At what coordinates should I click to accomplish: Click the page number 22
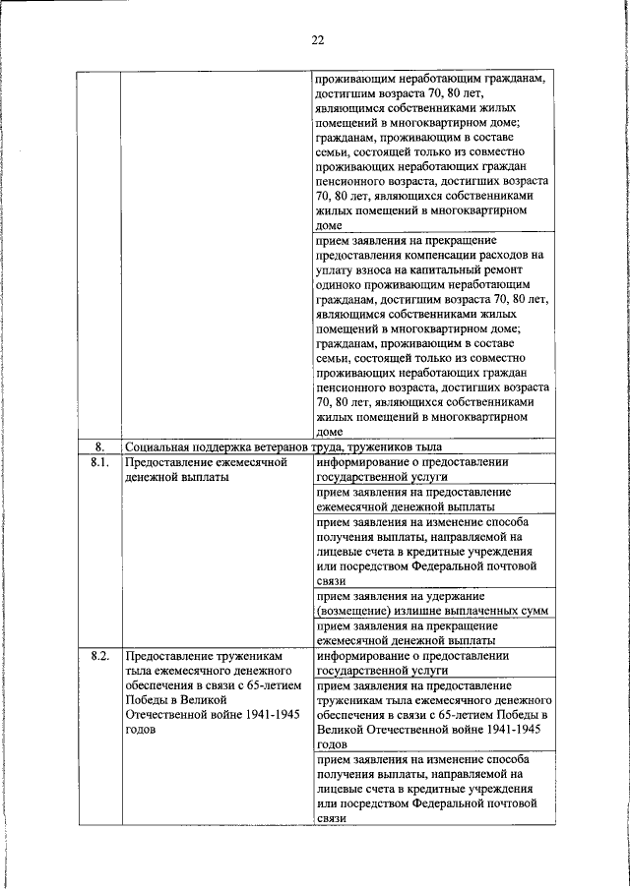click(316, 40)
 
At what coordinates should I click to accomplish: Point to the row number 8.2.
click(98, 654)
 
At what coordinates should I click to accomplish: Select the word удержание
click(459, 596)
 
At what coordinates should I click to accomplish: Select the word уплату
click(335, 267)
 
